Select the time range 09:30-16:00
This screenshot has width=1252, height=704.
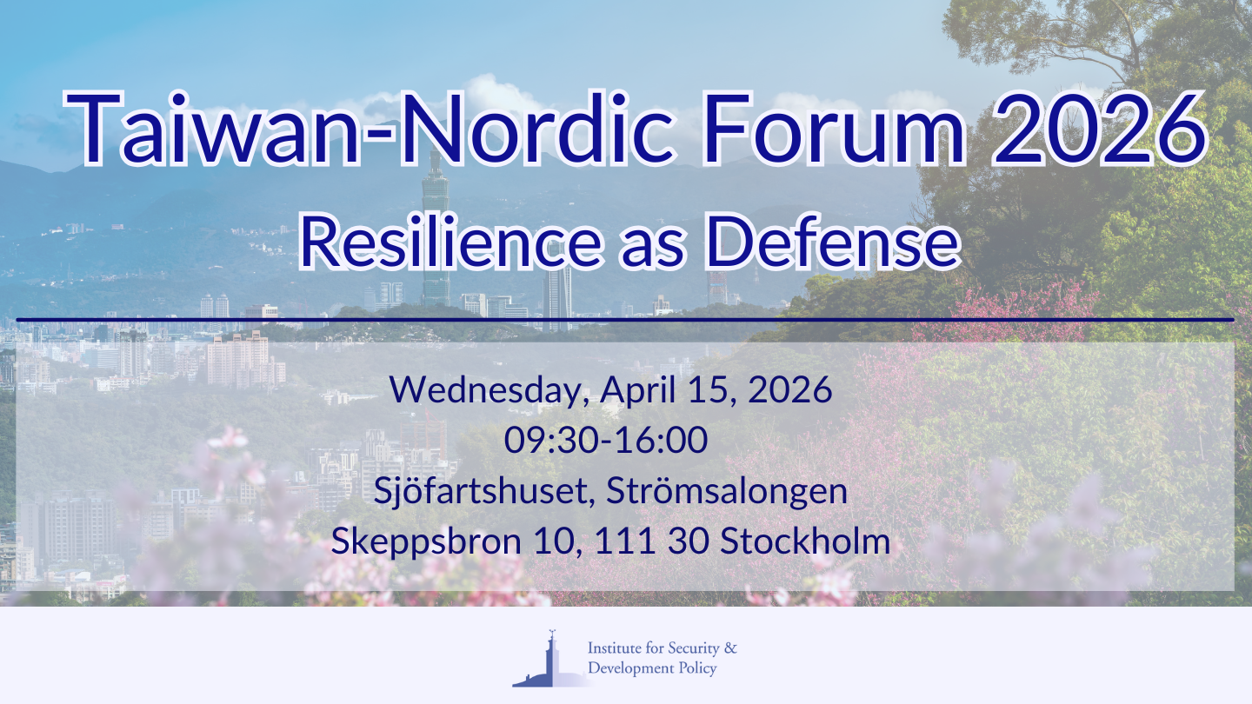[606, 441]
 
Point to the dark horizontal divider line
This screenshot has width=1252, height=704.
[626, 320]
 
